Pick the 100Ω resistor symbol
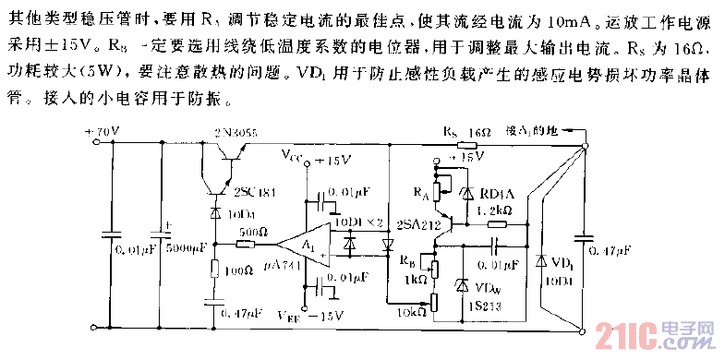[x=215, y=270]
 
